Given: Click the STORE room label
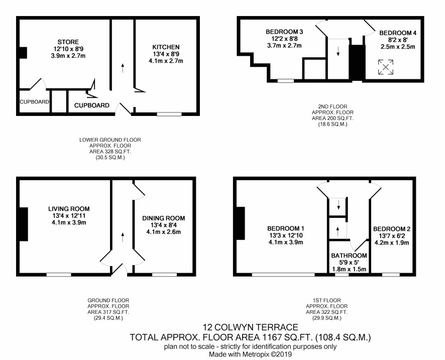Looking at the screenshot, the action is click(68, 42).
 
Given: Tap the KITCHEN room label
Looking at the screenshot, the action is click(166, 47).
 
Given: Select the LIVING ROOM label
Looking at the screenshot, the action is click(69, 209).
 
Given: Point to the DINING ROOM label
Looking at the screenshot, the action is click(163, 218).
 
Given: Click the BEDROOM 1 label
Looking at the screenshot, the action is click(286, 228).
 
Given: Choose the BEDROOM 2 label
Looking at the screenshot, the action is click(392, 229).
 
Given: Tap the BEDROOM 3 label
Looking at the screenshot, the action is click(284, 32).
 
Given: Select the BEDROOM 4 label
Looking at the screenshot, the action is click(398, 33).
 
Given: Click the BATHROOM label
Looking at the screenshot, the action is click(349, 256).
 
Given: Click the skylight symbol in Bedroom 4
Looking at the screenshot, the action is click(386, 67).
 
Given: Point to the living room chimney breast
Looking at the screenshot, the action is click(24, 224).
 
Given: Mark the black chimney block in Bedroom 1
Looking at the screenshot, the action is click(241, 223).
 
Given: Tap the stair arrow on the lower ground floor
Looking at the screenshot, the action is click(123, 68).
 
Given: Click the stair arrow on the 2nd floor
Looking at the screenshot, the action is click(338, 51).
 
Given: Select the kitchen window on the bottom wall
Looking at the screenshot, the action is click(169, 114).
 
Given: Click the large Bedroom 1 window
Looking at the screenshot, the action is click(283, 275).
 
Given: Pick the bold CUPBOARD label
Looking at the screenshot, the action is click(92, 105).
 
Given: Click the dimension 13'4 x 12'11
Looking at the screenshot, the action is click(69, 216).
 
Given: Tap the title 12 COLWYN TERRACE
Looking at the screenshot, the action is click(250, 327).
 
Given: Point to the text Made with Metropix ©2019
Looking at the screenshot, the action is click(250, 354).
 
